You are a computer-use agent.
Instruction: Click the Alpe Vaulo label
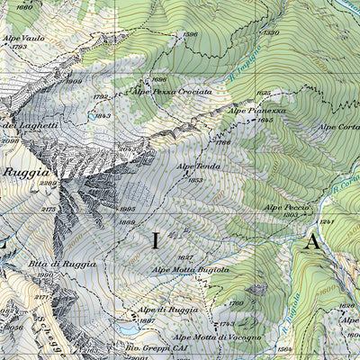click(x=23, y=38)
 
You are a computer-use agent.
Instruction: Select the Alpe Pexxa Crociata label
click(x=173, y=92)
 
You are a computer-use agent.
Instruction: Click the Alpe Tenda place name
click(x=199, y=166)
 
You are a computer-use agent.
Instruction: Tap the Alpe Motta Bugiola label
click(x=190, y=269)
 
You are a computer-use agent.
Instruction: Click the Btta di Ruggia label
click(x=49, y=263)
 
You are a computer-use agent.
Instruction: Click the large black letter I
click(x=154, y=240)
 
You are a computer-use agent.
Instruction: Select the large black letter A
click(x=312, y=241)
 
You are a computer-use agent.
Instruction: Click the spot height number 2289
click(x=48, y=183)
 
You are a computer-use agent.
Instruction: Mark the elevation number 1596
click(x=189, y=34)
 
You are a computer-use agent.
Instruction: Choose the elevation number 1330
click(x=271, y=32)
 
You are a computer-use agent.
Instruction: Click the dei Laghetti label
click(x=29, y=125)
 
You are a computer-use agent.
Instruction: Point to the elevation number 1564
click(x=285, y=349)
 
